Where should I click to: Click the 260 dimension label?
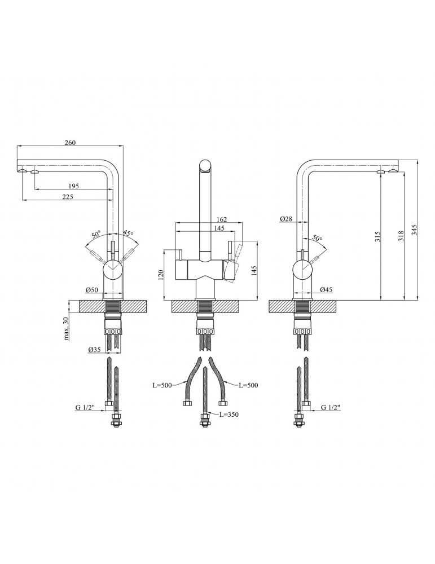pyautogui.click(x=70, y=143)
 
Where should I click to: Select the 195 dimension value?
pyautogui.click(x=73, y=186)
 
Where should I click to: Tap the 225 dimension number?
pyautogui.click(x=68, y=196)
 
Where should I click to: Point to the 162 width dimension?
pyautogui.click(x=222, y=219)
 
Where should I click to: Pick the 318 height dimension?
pyautogui.click(x=402, y=235)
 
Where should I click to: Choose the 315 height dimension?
pyautogui.click(x=377, y=236)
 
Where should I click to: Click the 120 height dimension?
pyautogui.click(x=161, y=275)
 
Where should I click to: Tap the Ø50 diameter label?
pyautogui.click(x=92, y=290)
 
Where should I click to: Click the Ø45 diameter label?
pyautogui.click(x=326, y=289)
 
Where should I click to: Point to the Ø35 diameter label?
pyautogui.click(x=95, y=349)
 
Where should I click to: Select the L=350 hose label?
pyautogui.click(x=229, y=415)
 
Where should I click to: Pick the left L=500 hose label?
pyautogui.click(x=162, y=385)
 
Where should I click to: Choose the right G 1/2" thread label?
pyautogui.click(x=331, y=407)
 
